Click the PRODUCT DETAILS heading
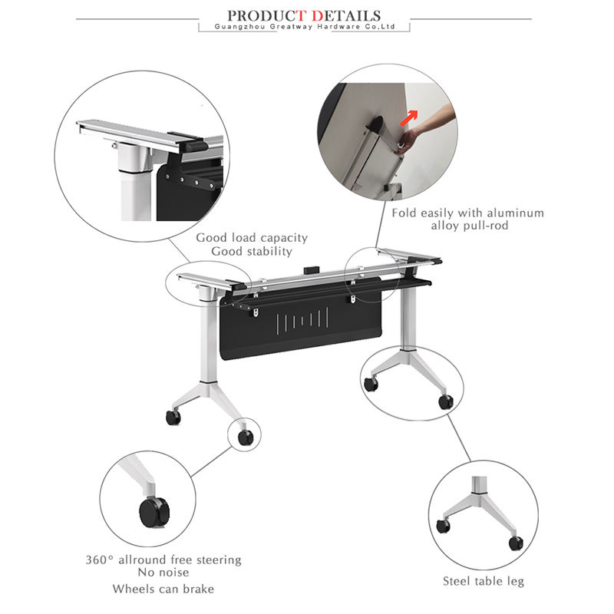(x=304, y=15)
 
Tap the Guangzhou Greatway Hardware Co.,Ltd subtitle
(x=305, y=27)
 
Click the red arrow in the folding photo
(x=408, y=118)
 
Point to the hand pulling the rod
(x=423, y=128)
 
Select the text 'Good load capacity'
(x=252, y=238)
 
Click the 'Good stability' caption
(x=252, y=252)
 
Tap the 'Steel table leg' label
(x=484, y=581)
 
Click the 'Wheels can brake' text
(x=163, y=589)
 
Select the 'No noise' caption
(x=163, y=573)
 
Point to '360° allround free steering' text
(x=163, y=560)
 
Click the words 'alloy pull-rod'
(x=470, y=226)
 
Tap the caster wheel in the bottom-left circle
(x=154, y=512)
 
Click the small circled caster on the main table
(x=246, y=437)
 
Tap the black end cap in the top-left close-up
(x=193, y=147)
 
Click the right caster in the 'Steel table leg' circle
(x=516, y=543)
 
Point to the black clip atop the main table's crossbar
(x=312, y=269)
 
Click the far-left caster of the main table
(x=173, y=417)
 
